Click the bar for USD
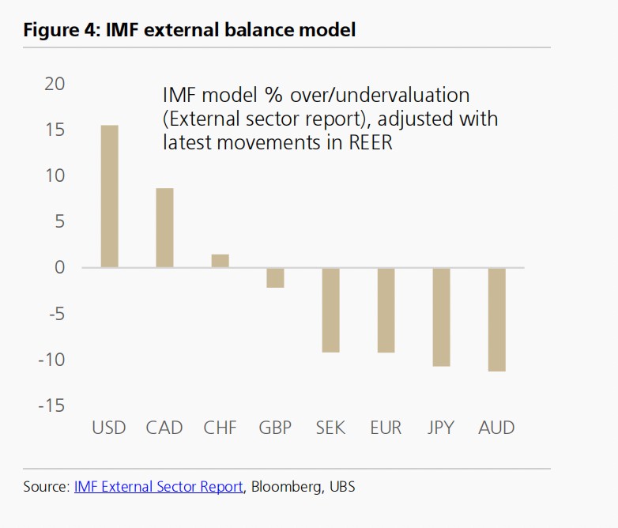(109, 196)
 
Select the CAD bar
(164, 228)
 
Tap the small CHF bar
(220, 261)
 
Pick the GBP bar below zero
(275, 277)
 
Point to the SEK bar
(330, 310)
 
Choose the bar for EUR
(386, 310)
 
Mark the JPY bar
(441, 317)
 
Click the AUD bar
(496, 319)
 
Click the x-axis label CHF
(220, 428)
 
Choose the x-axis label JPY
(441, 428)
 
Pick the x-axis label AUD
(496, 428)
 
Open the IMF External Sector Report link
(158, 487)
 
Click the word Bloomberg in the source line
(284, 487)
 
